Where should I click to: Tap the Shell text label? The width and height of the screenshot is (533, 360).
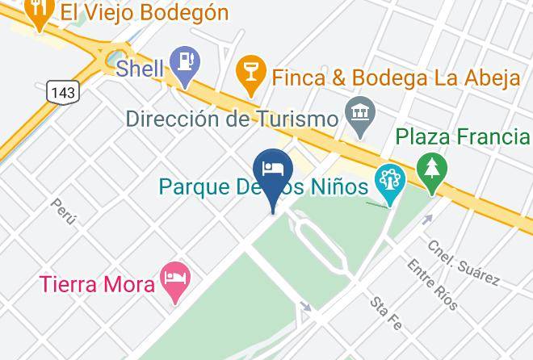140,69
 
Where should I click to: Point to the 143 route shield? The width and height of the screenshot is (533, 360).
62,92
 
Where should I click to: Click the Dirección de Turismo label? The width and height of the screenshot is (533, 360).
231,119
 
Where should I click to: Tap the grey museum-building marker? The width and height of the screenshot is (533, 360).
356,115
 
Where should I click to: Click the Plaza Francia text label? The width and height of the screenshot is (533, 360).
462,136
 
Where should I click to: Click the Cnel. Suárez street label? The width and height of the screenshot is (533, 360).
463,262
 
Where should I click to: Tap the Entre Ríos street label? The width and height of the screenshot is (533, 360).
433,285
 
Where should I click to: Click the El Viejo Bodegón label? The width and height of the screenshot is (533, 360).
146,12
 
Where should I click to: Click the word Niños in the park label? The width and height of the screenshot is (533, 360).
338,187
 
